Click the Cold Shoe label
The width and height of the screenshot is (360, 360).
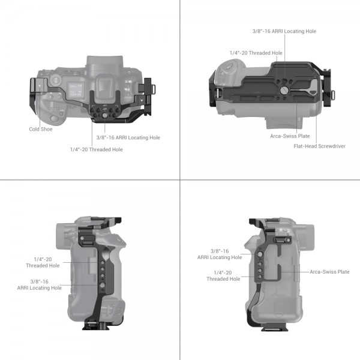[x=41, y=129]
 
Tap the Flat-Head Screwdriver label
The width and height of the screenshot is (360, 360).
[x=319, y=146]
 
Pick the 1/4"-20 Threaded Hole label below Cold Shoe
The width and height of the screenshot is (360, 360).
[x=96, y=149]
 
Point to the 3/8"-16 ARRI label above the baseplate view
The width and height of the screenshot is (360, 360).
[x=284, y=31]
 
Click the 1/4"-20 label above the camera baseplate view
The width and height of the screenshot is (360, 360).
[x=256, y=53]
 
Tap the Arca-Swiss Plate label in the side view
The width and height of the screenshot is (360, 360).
[x=329, y=272]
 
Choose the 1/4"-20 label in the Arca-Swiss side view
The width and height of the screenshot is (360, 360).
[x=223, y=275]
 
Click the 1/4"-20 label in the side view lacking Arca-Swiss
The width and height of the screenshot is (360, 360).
[x=43, y=262]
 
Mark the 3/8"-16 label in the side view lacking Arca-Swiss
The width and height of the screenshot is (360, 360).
[x=40, y=284]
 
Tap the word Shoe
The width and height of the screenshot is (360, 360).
[x=47, y=129]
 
